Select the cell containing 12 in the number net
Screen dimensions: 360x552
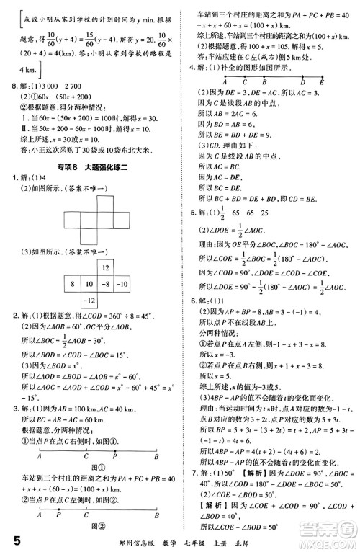106,268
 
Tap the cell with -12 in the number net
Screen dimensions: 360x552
89,299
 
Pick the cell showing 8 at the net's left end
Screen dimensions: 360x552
72,284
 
